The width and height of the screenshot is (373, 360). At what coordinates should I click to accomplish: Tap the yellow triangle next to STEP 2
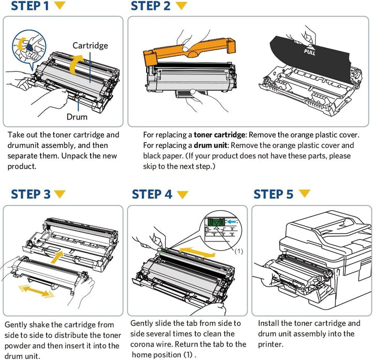click(181, 6)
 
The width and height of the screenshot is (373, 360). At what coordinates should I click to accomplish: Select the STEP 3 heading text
click(31, 195)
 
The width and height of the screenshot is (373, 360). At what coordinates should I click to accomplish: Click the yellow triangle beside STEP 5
click(305, 194)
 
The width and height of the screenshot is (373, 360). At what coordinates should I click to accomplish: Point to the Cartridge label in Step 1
click(90, 46)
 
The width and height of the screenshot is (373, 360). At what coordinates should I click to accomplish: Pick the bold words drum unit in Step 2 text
click(209, 146)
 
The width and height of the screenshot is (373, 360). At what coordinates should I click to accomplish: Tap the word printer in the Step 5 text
click(271, 344)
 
